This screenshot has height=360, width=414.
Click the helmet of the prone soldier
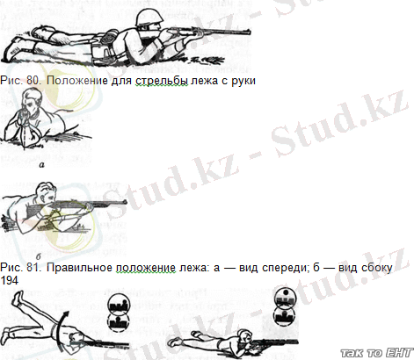pyautogui.click(x=148, y=18)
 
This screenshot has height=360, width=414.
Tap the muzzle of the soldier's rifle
pyautogui.click(x=249, y=31)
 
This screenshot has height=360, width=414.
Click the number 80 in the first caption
pyautogui.click(x=33, y=80)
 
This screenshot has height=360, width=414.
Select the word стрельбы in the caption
pyautogui.click(x=162, y=81)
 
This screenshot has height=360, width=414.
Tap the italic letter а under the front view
pyautogui.click(x=42, y=165)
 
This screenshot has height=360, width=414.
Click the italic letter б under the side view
pyautogui.click(x=39, y=256)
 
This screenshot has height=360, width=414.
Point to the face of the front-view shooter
pyautogui.click(x=31, y=107)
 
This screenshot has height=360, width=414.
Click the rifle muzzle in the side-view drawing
pyautogui.click(x=125, y=202)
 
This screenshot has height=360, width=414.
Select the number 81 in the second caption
pyautogui.click(x=33, y=268)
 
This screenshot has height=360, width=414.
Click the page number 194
pyautogui.click(x=9, y=281)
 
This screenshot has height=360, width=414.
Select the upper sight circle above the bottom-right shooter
pyautogui.click(x=285, y=299)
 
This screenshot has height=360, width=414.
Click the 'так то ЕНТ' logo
pyautogui.click(x=377, y=353)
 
